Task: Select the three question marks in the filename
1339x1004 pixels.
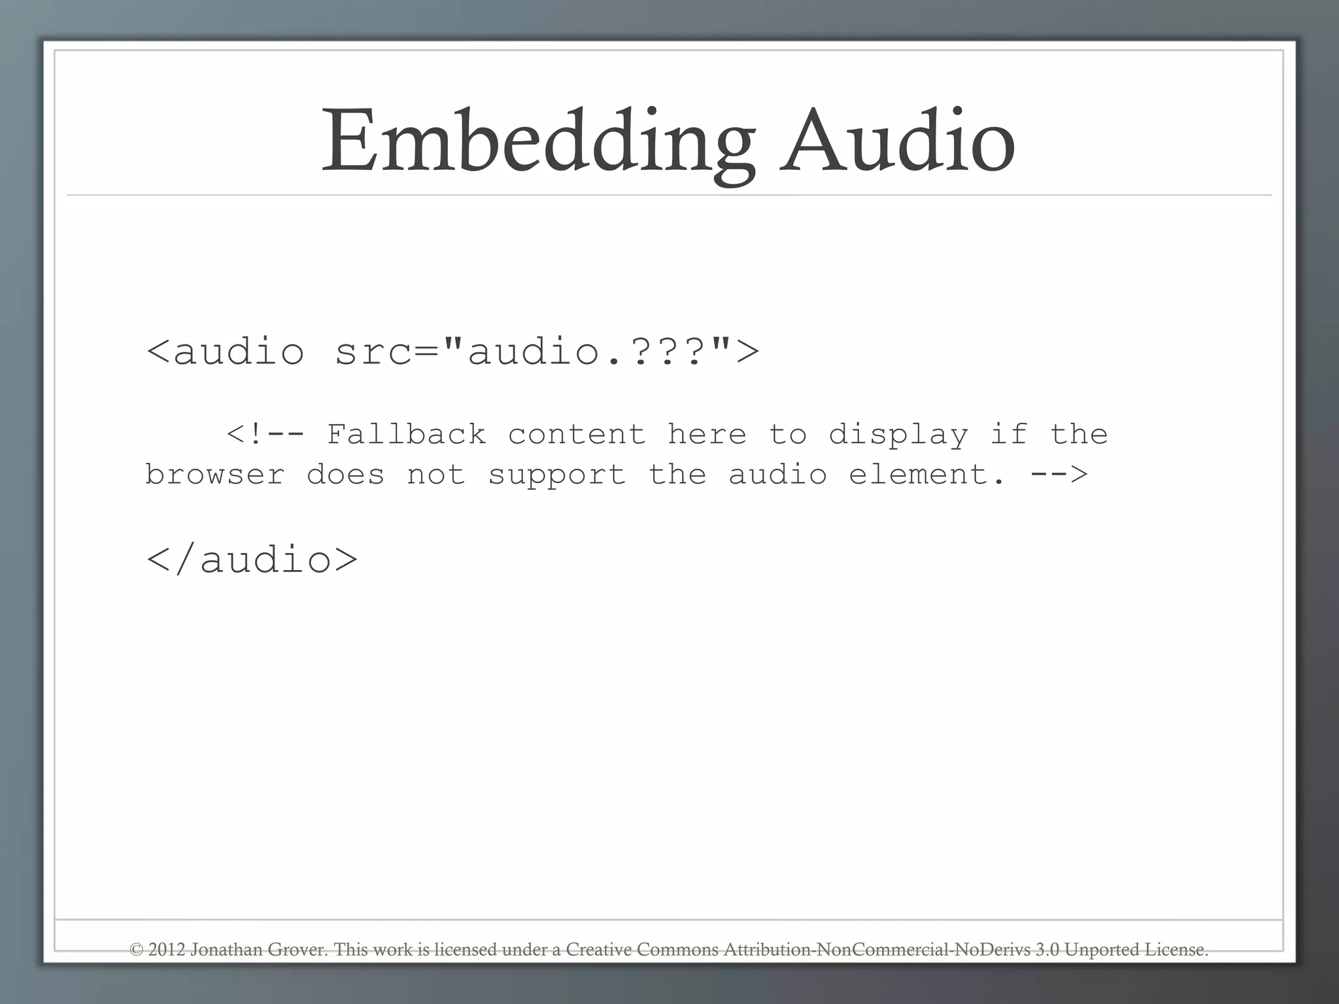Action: click(x=660, y=351)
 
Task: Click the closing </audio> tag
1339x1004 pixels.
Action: click(x=252, y=560)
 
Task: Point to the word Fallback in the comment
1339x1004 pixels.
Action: click(x=406, y=435)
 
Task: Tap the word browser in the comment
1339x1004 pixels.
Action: click(x=214, y=475)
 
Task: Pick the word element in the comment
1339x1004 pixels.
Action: click(x=926, y=475)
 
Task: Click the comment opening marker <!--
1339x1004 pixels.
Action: click(x=265, y=435)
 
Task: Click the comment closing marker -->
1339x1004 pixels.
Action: click(x=1059, y=475)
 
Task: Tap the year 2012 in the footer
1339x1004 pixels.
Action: click(x=167, y=949)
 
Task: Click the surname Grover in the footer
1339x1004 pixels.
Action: click(x=297, y=949)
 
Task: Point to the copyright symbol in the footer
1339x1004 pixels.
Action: click(x=136, y=949)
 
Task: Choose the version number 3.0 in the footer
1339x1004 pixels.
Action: click(x=1047, y=949)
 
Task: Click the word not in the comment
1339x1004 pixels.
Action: click(x=436, y=475)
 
